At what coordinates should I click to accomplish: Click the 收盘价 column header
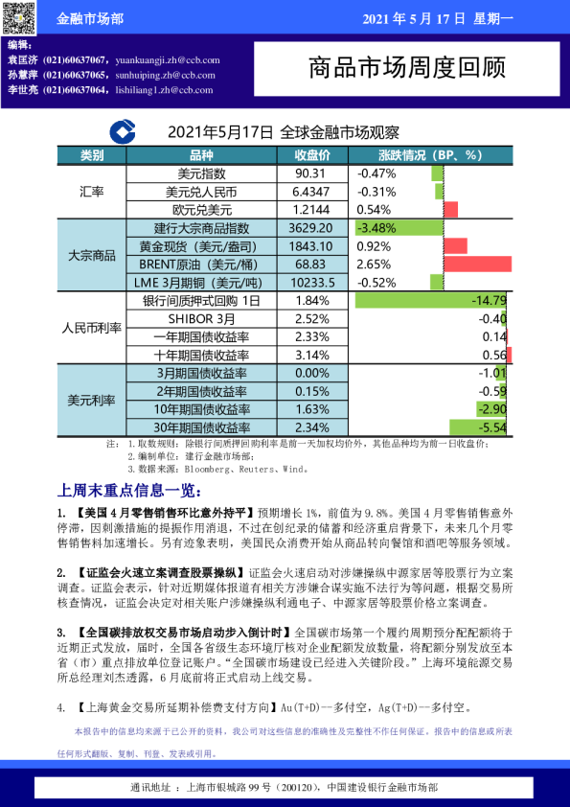pos(312,154)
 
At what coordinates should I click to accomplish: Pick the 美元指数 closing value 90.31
pos(311,173)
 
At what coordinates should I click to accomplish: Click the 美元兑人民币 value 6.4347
pos(311,192)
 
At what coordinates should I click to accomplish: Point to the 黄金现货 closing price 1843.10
pos(311,246)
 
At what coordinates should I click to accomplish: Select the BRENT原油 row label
pos(201,265)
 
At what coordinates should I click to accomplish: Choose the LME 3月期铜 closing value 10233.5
pos(311,283)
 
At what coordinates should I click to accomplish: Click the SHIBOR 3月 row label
pos(201,318)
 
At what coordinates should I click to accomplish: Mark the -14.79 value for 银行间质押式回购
pos(488,300)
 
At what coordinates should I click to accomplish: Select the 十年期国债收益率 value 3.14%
pos(311,355)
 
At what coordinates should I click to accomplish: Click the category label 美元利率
pos(91,400)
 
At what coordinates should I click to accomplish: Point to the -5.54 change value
pos(492,427)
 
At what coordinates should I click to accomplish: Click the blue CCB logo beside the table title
pos(122,132)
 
